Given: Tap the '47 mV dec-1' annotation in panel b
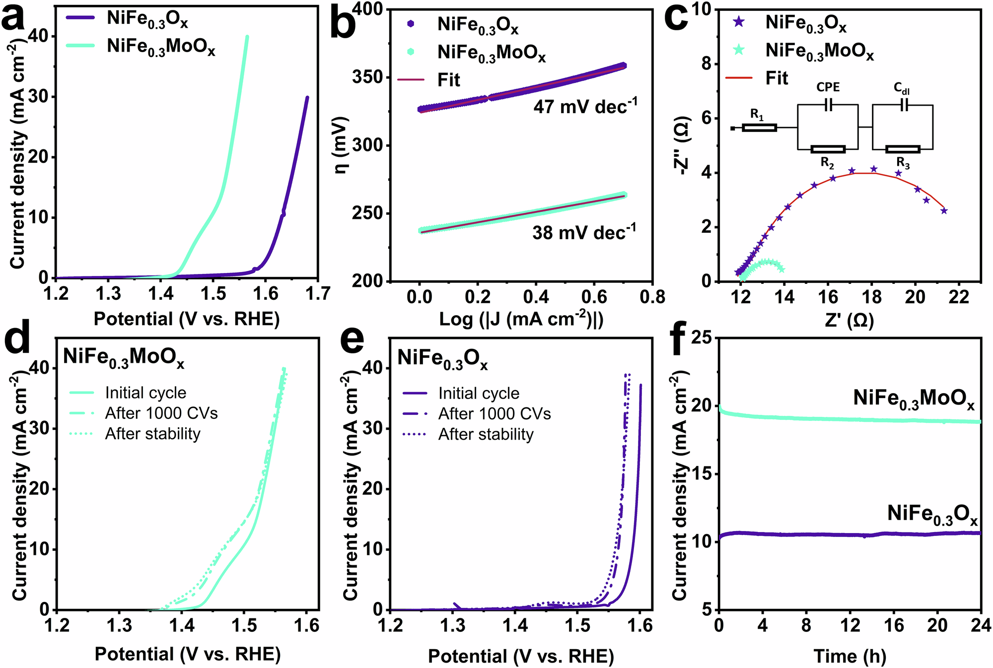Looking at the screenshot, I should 585,106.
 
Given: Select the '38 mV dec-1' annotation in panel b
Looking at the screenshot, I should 584,232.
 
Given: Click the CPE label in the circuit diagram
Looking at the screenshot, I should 828,87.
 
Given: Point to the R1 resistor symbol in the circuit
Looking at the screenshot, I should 759,128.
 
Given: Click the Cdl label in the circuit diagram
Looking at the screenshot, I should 902,88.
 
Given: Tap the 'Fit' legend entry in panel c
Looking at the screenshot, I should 777,78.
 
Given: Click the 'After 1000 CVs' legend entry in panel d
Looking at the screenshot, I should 161,413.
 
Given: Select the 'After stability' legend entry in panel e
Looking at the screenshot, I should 485,434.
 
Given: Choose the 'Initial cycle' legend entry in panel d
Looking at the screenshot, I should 145,393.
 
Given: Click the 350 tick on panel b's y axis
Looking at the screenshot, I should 368,77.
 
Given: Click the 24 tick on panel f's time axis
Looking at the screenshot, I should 981,625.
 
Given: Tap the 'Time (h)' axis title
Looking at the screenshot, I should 850,656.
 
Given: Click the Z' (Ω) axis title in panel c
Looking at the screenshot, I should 850,320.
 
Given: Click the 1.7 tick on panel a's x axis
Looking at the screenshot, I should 318,294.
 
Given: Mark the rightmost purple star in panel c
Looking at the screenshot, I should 944,211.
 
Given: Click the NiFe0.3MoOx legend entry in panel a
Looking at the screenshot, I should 161,47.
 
